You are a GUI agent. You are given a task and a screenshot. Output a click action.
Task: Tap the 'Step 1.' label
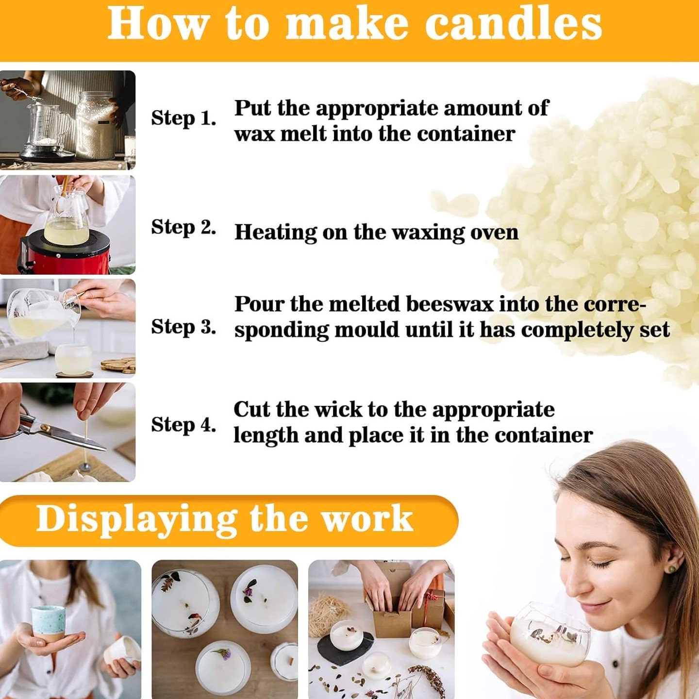183,118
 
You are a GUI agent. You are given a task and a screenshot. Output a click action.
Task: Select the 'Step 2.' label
183,228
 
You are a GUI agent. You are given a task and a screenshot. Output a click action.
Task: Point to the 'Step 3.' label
183,327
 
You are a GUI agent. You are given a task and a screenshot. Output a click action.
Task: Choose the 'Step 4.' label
183,425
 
